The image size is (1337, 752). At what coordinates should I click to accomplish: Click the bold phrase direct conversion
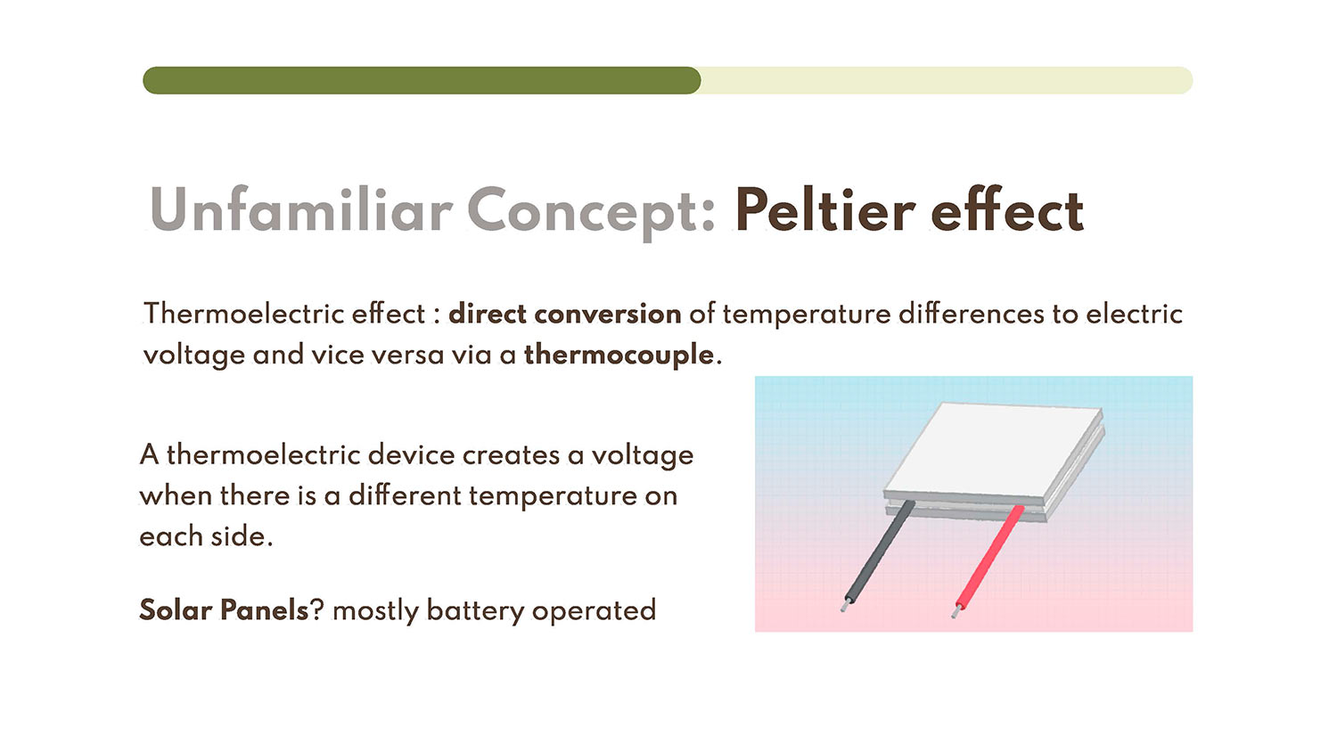coord(564,314)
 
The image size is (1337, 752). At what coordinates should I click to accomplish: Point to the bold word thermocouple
coord(619,356)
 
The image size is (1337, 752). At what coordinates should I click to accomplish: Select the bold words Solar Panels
coord(224,610)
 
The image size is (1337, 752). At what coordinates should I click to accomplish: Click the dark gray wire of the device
coord(879,552)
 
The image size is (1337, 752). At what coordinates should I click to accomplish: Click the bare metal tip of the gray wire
coord(845,605)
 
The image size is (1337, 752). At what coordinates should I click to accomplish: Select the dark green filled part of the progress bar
coord(422,80)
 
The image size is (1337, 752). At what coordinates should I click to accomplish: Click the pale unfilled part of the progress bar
coord(947,80)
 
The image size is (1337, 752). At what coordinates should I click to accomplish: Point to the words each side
coord(207,536)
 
